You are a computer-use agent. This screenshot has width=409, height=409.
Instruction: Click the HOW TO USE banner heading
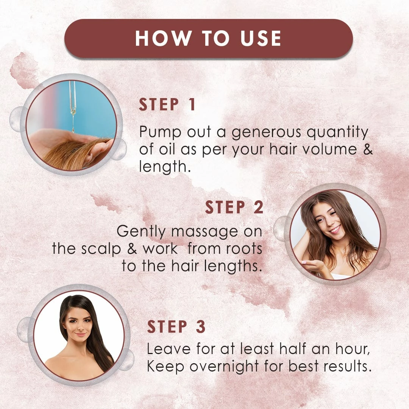tap(208, 38)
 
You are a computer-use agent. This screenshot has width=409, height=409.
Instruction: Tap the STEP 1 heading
tap(167, 105)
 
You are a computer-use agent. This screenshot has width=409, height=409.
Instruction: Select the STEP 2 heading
tap(234, 207)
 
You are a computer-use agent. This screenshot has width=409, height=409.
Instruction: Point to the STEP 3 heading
tap(176, 326)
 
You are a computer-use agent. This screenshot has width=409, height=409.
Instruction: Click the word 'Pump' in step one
tap(160, 132)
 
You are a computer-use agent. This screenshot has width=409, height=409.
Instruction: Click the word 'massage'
tap(204, 232)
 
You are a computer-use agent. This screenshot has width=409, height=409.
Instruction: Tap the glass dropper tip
tap(73, 112)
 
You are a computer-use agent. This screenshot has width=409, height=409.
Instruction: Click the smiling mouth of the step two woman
tap(335, 229)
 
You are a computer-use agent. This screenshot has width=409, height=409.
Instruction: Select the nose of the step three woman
tap(80, 326)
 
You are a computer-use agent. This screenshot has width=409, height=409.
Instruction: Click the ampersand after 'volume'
tap(368, 149)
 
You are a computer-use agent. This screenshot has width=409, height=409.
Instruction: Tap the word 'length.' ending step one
tap(165, 167)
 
